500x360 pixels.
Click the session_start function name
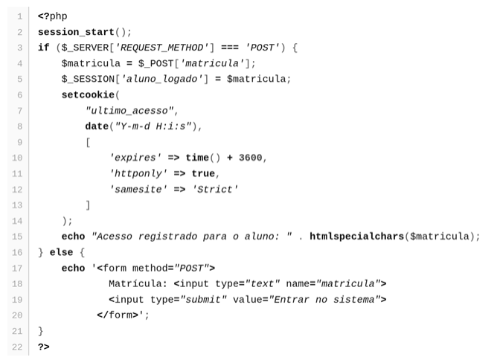coord(76,32)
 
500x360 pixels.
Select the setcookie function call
coord(88,95)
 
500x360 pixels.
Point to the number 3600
coord(250,158)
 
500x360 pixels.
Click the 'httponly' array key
coord(138,174)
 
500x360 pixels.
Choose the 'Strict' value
coord(214,190)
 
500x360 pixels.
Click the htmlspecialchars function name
coord(357,237)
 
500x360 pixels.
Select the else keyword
coord(61,253)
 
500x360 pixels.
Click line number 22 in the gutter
coord(17,347)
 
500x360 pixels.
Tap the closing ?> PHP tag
coord(44,347)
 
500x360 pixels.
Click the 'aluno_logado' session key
coord(161,79)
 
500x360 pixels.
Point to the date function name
coord(97,126)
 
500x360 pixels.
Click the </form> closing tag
coord(118,315)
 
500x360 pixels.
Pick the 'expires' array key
coord(135,158)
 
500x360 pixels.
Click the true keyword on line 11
coord(203,174)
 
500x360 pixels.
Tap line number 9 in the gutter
coord(20,142)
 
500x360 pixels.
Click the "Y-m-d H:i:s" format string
coord(153,126)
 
